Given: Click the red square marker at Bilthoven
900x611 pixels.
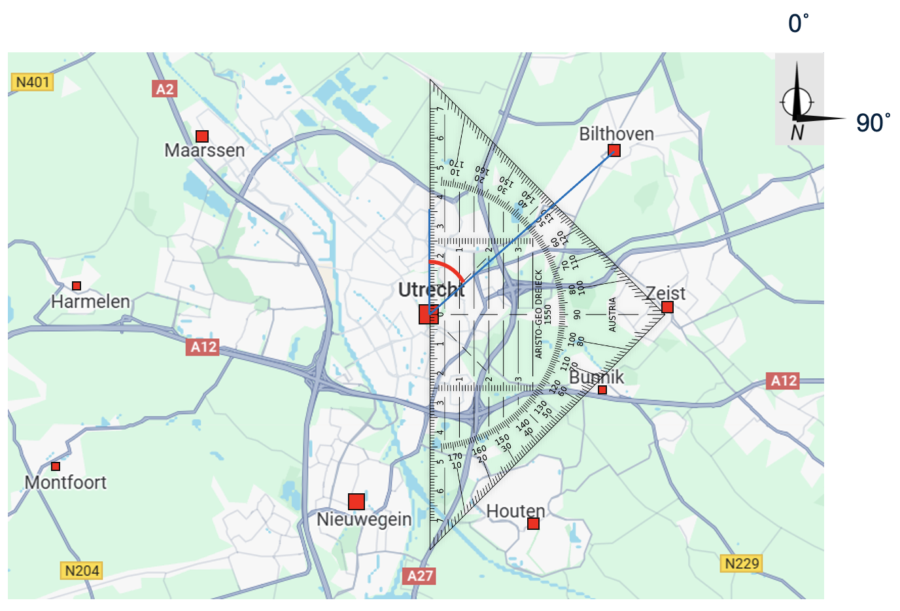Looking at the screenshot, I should coord(614,150).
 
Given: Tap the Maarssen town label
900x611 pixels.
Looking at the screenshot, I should coord(205,150).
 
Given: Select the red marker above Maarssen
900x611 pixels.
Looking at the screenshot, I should coord(202,136).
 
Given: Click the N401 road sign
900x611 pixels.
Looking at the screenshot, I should coord(33,82).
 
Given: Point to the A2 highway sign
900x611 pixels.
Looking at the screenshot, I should coord(165,89).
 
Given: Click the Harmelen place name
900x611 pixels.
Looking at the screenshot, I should coord(90,302).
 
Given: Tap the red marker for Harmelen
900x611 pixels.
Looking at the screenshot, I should coord(77,286).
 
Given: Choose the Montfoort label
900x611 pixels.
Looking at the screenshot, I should coord(65,483).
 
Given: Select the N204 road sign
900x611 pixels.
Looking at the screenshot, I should coord(82,570).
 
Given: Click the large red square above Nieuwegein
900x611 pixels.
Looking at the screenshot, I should coord(356,502).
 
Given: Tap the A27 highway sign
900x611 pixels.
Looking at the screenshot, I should coord(420,576).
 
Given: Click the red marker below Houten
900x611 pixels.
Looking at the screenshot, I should coord(533,523).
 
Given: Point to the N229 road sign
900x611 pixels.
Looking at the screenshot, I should coord(742,563).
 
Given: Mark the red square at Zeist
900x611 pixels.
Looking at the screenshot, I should coord(667,307).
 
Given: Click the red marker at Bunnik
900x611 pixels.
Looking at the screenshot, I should coord(602,390).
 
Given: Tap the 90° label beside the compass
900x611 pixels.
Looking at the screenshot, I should coord(873,123).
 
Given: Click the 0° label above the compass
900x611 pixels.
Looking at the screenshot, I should coord(798,24).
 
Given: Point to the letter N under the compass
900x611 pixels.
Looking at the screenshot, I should coord(797,133).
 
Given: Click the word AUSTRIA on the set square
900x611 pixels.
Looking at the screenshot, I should coord(613,315).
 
